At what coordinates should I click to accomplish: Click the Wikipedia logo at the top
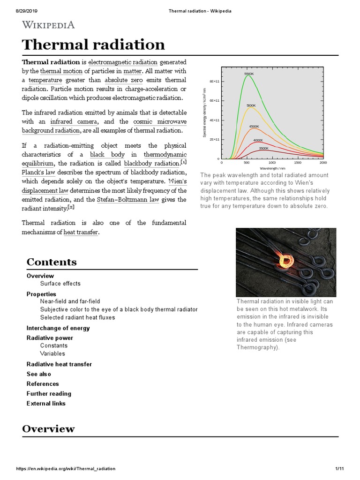click(x=48, y=25)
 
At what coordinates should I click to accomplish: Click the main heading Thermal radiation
click(x=93, y=45)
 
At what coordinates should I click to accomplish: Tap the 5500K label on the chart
click(x=249, y=74)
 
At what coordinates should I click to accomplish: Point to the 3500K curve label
click(x=263, y=148)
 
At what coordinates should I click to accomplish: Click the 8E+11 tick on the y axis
click(x=214, y=81)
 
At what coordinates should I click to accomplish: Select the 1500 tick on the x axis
click(x=297, y=163)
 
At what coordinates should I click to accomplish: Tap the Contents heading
click(x=52, y=262)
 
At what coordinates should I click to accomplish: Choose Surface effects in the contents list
click(x=60, y=284)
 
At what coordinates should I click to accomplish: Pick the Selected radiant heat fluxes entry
click(x=77, y=317)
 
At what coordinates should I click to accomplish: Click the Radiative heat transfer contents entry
click(x=59, y=364)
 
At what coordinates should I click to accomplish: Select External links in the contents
click(x=46, y=404)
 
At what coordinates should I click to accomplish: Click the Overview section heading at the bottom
click(x=48, y=428)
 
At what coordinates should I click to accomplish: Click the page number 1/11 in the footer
click(x=339, y=469)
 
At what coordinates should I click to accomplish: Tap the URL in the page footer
click(x=66, y=469)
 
